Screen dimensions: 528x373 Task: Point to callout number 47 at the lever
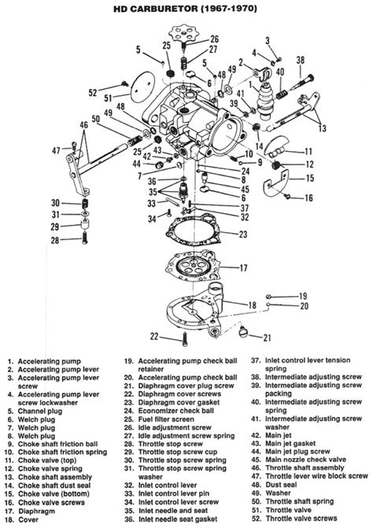(55, 150)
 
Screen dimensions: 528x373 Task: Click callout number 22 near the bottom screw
(155, 337)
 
